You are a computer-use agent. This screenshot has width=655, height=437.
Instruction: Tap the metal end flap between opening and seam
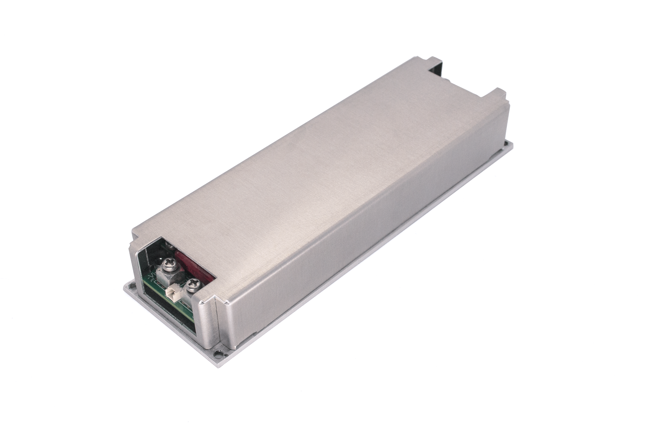tap(208, 321)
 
